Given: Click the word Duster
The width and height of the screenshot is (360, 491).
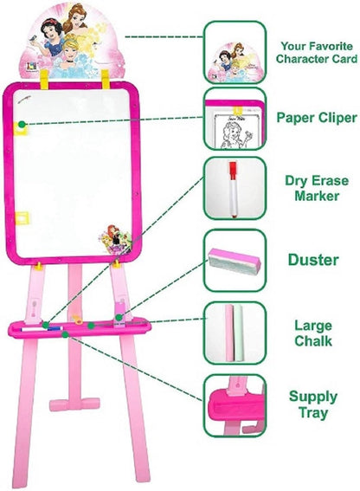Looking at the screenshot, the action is pyautogui.click(x=313, y=260).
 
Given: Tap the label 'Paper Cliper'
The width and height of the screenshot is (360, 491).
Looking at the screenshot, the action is pyautogui.click(x=317, y=118).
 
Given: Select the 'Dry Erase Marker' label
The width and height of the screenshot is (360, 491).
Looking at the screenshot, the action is pyautogui.click(x=317, y=188).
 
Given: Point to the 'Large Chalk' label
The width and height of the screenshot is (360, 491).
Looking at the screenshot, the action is pyautogui.click(x=313, y=333).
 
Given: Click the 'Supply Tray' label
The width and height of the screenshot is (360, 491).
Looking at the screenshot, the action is pyautogui.click(x=313, y=404).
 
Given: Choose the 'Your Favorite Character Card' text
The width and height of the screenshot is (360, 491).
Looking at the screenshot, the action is pyautogui.click(x=317, y=53).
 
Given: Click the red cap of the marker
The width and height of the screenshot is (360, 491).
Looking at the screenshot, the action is pyautogui.click(x=233, y=171).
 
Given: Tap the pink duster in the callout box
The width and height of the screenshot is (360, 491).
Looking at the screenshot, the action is pyautogui.click(x=235, y=262).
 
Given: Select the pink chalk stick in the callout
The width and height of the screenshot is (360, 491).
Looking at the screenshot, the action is pyautogui.click(x=229, y=333).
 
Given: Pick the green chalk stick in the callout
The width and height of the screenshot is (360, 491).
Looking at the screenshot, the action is pyautogui.click(x=239, y=333).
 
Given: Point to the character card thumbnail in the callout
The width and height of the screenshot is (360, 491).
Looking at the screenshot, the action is pyautogui.click(x=235, y=62).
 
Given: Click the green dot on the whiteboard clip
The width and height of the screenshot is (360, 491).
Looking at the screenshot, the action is pyautogui.click(x=22, y=125).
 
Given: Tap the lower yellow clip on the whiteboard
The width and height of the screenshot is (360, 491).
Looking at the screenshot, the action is pyautogui.click(x=22, y=218).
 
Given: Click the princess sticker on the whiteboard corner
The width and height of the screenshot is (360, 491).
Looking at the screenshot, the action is pyautogui.click(x=115, y=239).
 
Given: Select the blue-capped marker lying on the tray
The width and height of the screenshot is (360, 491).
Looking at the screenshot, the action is pyautogui.click(x=42, y=329).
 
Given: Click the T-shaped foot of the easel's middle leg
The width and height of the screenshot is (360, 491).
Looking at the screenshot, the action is pyautogui.click(x=74, y=404).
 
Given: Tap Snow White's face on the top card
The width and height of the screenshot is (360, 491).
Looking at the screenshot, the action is pyautogui.click(x=52, y=33).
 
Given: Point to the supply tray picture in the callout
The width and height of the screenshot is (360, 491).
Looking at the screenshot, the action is pyautogui.click(x=236, y=405).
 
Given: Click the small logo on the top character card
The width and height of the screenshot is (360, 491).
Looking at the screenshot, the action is pyautogui.click(x=32, y=67).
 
